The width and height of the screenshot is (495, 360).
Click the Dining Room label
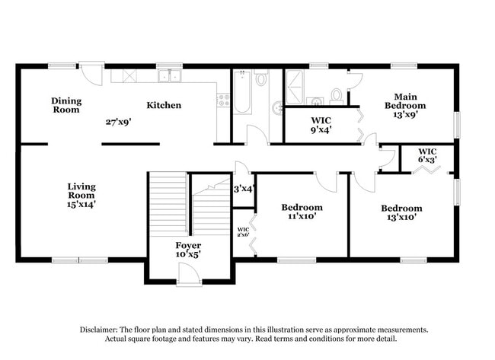pyautogui.click(x=66, y=105)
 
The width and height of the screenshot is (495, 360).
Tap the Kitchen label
pyautogui.click(x=164, y=105)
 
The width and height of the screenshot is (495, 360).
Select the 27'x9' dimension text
pyautogui.click(x=120, y=121)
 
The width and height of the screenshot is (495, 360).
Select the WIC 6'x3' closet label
pyautogui.click(x=427, y=155)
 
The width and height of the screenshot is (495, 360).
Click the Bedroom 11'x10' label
pyautogui.click(x=302, y=212)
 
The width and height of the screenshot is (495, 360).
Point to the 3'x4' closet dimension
pyautogui.click(x=242, y=188)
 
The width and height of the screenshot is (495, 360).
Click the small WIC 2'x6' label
pyautogui.click(x=243, y=232)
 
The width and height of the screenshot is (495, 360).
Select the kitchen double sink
pyautogui.click(x=169, y=75)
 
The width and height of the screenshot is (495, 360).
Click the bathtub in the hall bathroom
pyautogui.click(x=242, y=92)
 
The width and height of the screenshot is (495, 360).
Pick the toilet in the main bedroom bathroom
pyautogui.click(x=336, y=95)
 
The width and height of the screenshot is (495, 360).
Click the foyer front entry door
pyautogui.click(x=188, y=279)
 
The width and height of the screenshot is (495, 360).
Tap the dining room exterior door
pyautogui.click(x=92, y=74)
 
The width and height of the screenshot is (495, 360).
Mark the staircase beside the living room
pyautogui.click(x=188, y=204)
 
